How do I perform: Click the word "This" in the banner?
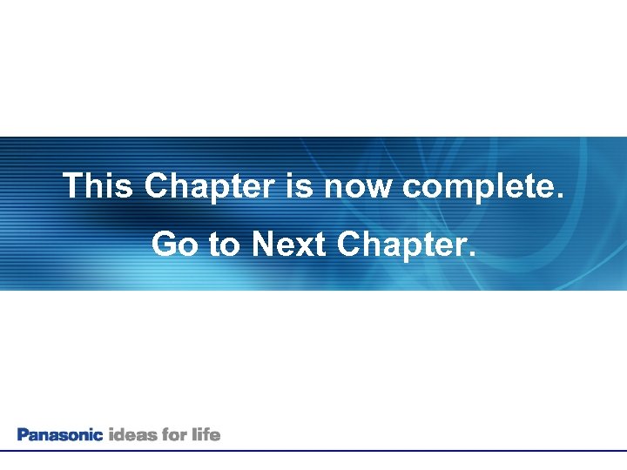[x=98, y=186]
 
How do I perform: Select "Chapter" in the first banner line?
[x=209, y=186]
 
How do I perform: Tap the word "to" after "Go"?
[x=225, y=245]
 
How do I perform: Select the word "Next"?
[x=288, y=245]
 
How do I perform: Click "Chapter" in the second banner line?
[x=401, y=245]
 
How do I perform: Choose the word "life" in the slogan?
[x=207, y=434]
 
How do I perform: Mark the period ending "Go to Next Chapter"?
[x=472, y=254]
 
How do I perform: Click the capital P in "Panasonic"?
[x=23, y=434]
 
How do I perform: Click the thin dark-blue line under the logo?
[x=313, y=451]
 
